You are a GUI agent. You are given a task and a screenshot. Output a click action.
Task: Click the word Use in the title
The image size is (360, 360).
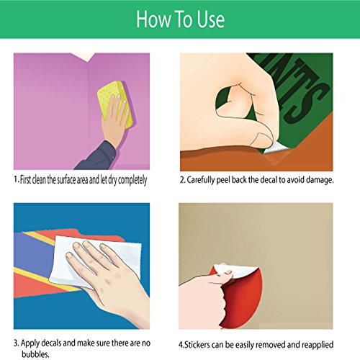tap(211, 19)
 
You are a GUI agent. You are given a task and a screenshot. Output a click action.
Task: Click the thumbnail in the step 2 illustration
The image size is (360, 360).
tap(264, 140)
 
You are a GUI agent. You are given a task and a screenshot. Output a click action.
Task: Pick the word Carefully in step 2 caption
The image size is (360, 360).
tap(201, 180)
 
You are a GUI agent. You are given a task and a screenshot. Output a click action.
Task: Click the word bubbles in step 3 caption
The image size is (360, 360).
tap(35, 354)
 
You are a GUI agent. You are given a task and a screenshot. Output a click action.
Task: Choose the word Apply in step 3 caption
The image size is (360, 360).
tap(30, 343)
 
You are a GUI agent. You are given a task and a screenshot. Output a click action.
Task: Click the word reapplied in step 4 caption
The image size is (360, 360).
tap(318, 345)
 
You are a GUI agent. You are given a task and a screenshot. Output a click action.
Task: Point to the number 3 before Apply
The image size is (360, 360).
tap(15, 343)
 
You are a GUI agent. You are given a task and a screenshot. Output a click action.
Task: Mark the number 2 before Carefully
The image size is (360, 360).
tap(182, 180)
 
